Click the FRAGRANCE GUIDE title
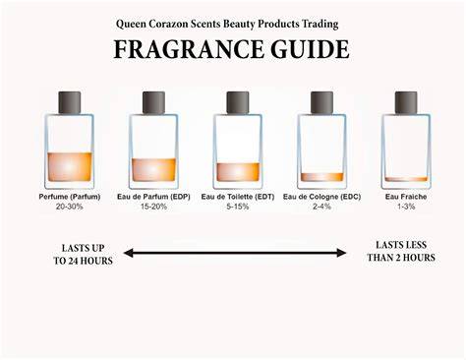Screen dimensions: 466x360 click(231, 49)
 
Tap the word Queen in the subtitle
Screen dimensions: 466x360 click(131, 24)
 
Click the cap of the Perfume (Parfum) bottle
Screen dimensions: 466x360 click(70, 102)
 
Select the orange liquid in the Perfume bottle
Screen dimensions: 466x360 click(70, 167)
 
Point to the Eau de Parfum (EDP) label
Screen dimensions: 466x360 click(153, 197)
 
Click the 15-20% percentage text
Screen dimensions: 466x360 click(153, 207)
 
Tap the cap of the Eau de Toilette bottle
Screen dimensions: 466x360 click(238, 102)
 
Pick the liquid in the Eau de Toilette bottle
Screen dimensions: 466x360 click(238, 172)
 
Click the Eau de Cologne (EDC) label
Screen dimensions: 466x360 click(321, 197)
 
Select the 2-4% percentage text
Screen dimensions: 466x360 click(321, 207)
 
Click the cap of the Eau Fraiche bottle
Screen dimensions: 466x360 click(406, 102)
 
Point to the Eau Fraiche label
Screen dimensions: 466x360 click(406, 197)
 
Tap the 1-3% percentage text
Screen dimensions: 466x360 click(406, 207)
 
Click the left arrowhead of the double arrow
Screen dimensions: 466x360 click(128, 253)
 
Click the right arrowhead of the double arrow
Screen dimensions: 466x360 click(342, 253)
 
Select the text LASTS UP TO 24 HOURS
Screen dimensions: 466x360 click(83, 255)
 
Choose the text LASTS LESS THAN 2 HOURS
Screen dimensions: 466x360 click(401, 251)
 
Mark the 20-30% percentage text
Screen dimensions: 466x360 click(70, 207)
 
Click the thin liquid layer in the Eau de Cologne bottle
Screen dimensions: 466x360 click(322, 177)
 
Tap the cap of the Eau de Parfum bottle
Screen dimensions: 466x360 click(153, 102)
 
